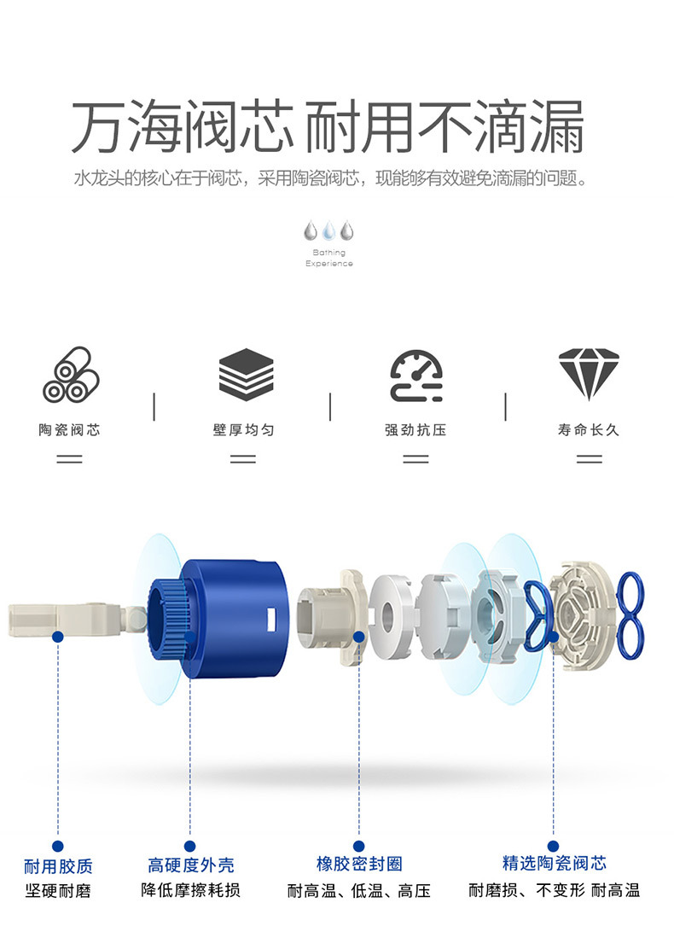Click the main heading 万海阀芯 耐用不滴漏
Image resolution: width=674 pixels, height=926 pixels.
(328, 127)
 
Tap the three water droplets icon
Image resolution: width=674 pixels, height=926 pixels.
(328, 231)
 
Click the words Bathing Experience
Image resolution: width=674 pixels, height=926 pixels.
(328, 258)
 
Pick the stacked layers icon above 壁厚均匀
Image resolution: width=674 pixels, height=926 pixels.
(246, 375)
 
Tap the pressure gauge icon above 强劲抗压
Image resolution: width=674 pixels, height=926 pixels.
(416, 376)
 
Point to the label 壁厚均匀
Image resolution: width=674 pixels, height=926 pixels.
(244, 430)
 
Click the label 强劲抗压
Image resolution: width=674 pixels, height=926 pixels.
(415, 430)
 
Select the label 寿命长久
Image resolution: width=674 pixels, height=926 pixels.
(589, 430)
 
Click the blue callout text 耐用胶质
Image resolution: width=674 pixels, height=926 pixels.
(58, 866)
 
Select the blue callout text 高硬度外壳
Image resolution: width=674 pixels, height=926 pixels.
(191, 865)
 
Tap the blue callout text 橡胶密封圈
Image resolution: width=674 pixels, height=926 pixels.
(359, 864)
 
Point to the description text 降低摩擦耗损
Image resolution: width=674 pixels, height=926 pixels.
(191, 890)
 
